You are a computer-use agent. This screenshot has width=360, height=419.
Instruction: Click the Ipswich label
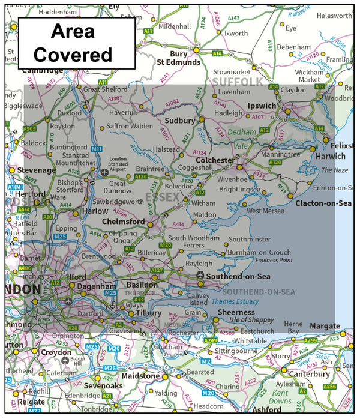tap(262, 106)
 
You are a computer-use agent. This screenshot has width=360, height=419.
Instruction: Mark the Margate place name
tap(325, 326)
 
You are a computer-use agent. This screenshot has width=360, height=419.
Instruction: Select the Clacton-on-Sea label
tap(323, 203)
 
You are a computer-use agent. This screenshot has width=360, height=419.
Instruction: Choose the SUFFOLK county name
tap(237, 81)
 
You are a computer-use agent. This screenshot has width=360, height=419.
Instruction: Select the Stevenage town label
tap(37, 170)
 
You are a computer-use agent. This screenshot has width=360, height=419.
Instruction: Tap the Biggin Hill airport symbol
tap(65, 360)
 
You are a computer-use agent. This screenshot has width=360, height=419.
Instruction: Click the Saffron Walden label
tap(130, 126)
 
